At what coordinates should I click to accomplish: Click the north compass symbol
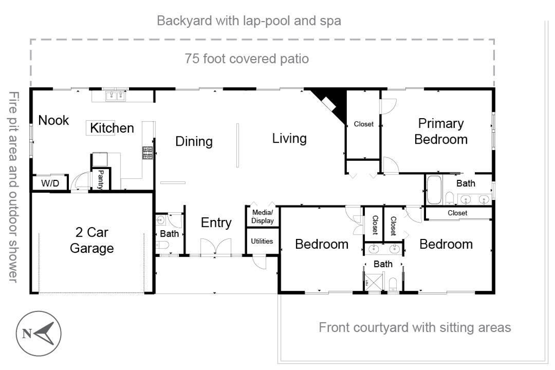point(38,333)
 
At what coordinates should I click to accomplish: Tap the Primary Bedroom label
point(441,131)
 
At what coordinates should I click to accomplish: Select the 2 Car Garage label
point(92,240)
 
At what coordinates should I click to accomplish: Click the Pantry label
point(101,179)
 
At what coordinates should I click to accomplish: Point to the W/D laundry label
point(50,183)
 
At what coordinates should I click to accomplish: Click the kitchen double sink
point(116,95)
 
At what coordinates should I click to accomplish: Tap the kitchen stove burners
point(147,152)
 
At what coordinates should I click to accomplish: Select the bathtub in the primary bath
point(434,190)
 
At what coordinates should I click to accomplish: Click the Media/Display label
point(262,217)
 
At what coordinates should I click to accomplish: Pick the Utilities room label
point(262,241)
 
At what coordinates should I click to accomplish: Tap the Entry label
point(216,223)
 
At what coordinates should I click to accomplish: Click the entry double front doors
point(216,246)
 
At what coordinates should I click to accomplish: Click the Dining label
point(194,141)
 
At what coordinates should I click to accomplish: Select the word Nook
point(54,120)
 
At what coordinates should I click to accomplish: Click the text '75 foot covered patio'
point(247,59)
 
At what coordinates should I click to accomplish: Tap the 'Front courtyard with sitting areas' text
point(415,328)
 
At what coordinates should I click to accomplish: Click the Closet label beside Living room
point(364,124)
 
